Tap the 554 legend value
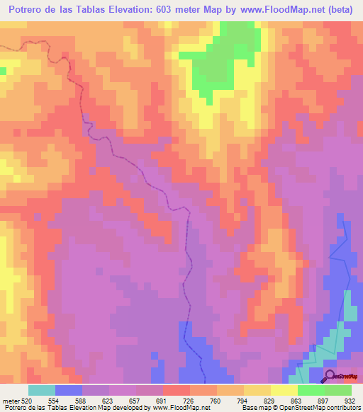tap(55, 401)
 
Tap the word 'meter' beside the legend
tap(11, 401)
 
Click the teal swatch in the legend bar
tap(42, 390)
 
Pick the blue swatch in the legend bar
tap(69, 390)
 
